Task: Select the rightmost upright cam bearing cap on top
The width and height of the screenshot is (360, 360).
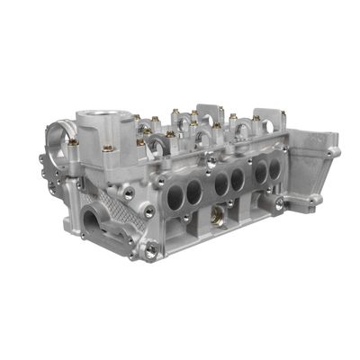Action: tap(269, 124)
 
